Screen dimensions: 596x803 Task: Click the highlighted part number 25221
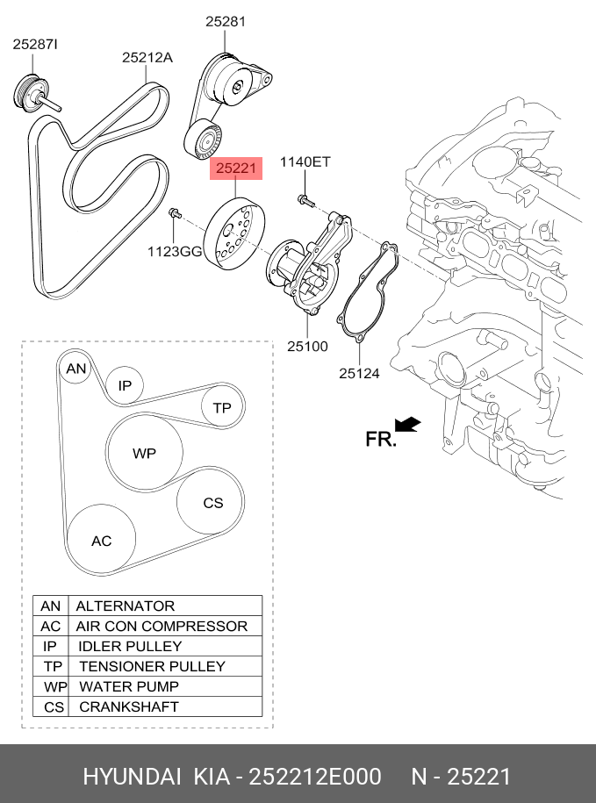click(x=236, y=168)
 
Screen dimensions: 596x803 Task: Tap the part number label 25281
click(x=226, y=22)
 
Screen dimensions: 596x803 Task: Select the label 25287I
click(x=35, y=45)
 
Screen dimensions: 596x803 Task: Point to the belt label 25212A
click(x=147, y=57)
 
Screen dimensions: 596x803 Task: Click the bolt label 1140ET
click(x=305, y=161)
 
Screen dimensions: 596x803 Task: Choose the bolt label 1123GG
click(x=176, y=252)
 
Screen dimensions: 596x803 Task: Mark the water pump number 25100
click(x=307, y=346)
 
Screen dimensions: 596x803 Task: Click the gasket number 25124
click(x=360, y=373)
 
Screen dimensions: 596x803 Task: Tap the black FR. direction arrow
click(x=407, y=425)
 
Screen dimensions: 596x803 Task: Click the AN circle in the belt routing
click(x=75, y=369)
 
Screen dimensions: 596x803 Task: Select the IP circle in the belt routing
click(x=126, y=385)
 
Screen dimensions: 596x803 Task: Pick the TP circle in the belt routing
click(x=222, y=408)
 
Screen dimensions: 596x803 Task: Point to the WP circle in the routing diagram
click(x=145, y=453)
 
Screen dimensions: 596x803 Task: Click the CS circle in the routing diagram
click(x=210, y=502)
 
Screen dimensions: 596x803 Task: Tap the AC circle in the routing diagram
click(x=102, y=541)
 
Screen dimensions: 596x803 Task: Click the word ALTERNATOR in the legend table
click(x=126, y=606)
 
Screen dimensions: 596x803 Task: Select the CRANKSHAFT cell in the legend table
click(x=129, y=706)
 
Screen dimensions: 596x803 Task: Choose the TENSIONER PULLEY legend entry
click(x=152, y=666)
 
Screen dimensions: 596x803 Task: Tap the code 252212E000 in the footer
click(x=315, y=777)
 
